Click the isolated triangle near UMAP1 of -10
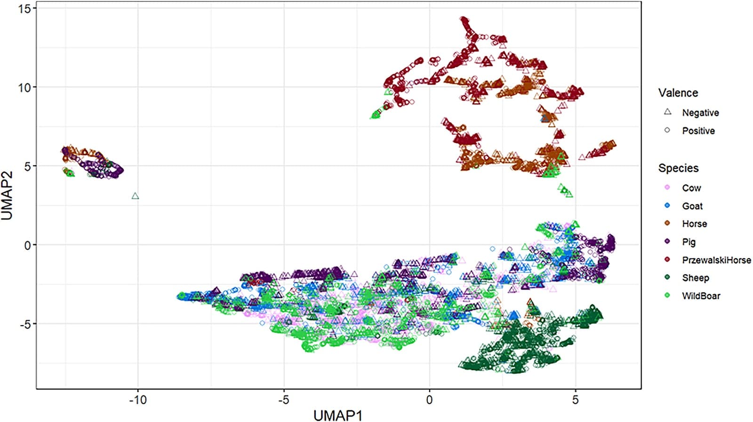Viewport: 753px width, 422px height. click(x=136, y=196)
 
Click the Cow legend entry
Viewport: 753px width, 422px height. click(x=691, y=188)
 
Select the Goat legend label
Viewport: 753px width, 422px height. click(x=692, y=206)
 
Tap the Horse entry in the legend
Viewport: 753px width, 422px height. click(x=694, y=223)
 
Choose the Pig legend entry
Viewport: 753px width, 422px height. click(x=689, y=242)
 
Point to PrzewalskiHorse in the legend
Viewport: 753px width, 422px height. click(x=716, y=260)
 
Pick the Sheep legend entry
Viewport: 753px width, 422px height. click(x=695, y=278)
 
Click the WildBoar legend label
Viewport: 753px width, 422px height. click(x=701, y=295)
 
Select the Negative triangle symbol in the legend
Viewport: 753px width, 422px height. click(x=667, y=112)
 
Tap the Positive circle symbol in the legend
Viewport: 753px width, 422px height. click(x=667, y=130)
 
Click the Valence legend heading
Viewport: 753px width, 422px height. click(x=678, y=93)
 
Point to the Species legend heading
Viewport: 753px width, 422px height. click(x=678, y=168)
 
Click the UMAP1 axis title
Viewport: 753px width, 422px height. click(x=338, y=414)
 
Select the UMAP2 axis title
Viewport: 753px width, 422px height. click(x=8, y=195)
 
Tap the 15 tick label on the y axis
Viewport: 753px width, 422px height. click(x=24, y=8)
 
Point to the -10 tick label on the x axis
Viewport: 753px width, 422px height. click(x=137, y=400)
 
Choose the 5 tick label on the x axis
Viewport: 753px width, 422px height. click(x=575, y=400)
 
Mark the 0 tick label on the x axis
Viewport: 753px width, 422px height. click(x=429, y=400)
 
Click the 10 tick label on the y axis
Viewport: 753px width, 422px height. click(x=24, y=87)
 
